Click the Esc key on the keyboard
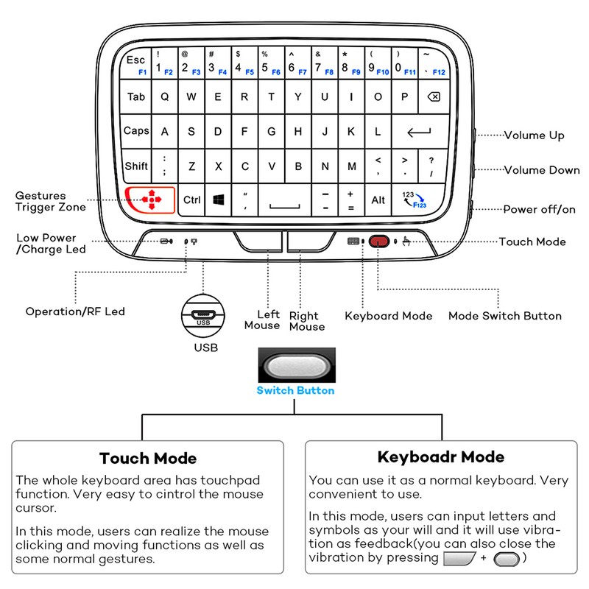(137, 63)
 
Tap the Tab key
(136, 97)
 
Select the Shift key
(136, 166)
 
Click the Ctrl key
(192, 200)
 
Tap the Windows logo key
(219, 200)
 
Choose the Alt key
(378, 200)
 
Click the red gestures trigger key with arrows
(151, 199)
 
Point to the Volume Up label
(534, 135)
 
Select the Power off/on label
(539, 210)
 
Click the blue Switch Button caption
(294, 390)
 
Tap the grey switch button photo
(295, 366)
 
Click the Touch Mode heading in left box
(148, 459)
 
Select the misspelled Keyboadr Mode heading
(440, 457)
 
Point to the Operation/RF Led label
(75, 311)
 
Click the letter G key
(272, 132)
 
